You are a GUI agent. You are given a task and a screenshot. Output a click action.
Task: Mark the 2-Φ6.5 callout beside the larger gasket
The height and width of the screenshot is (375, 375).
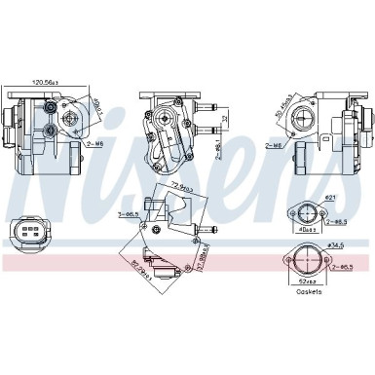click(x=343, y=265)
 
